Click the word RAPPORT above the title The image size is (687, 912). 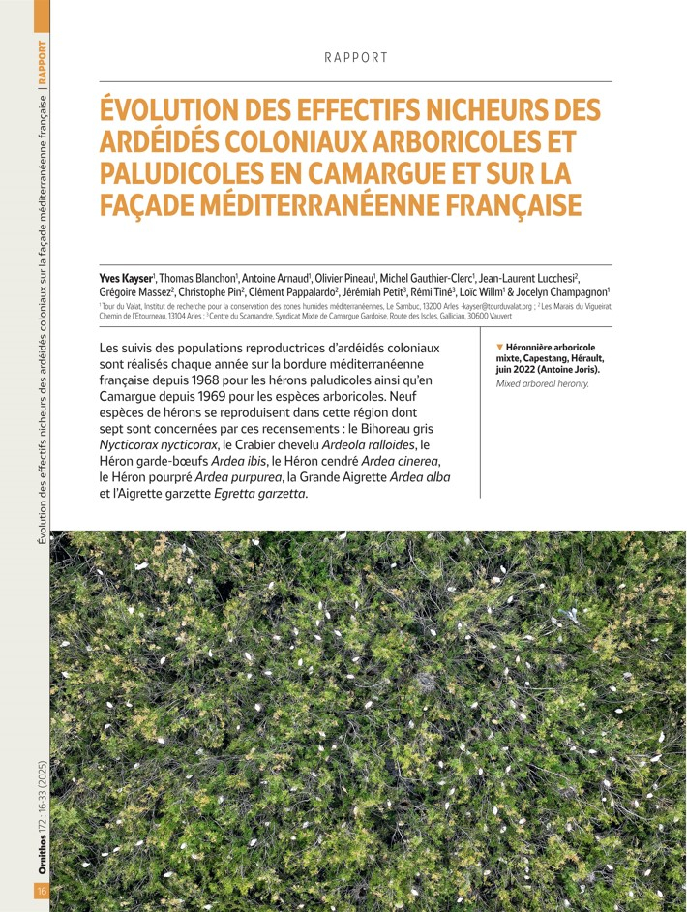[356, 57]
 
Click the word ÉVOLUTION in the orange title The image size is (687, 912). [175, 110]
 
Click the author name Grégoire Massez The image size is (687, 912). [134, 291]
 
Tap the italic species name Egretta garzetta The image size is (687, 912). [259, 494]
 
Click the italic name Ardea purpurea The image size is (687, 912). [234, 477]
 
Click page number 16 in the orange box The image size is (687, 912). [42, 891]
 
